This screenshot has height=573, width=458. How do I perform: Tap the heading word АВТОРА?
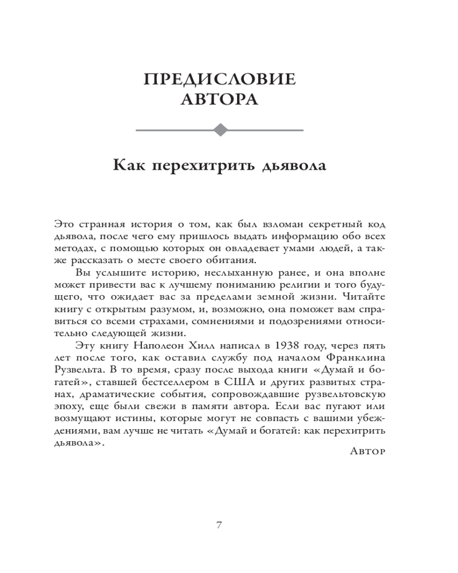(219, 99)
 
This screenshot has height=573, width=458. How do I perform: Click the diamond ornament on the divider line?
(219, 130)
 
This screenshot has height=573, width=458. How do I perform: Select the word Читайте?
(364, 297)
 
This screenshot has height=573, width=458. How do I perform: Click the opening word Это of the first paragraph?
(64, 223)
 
